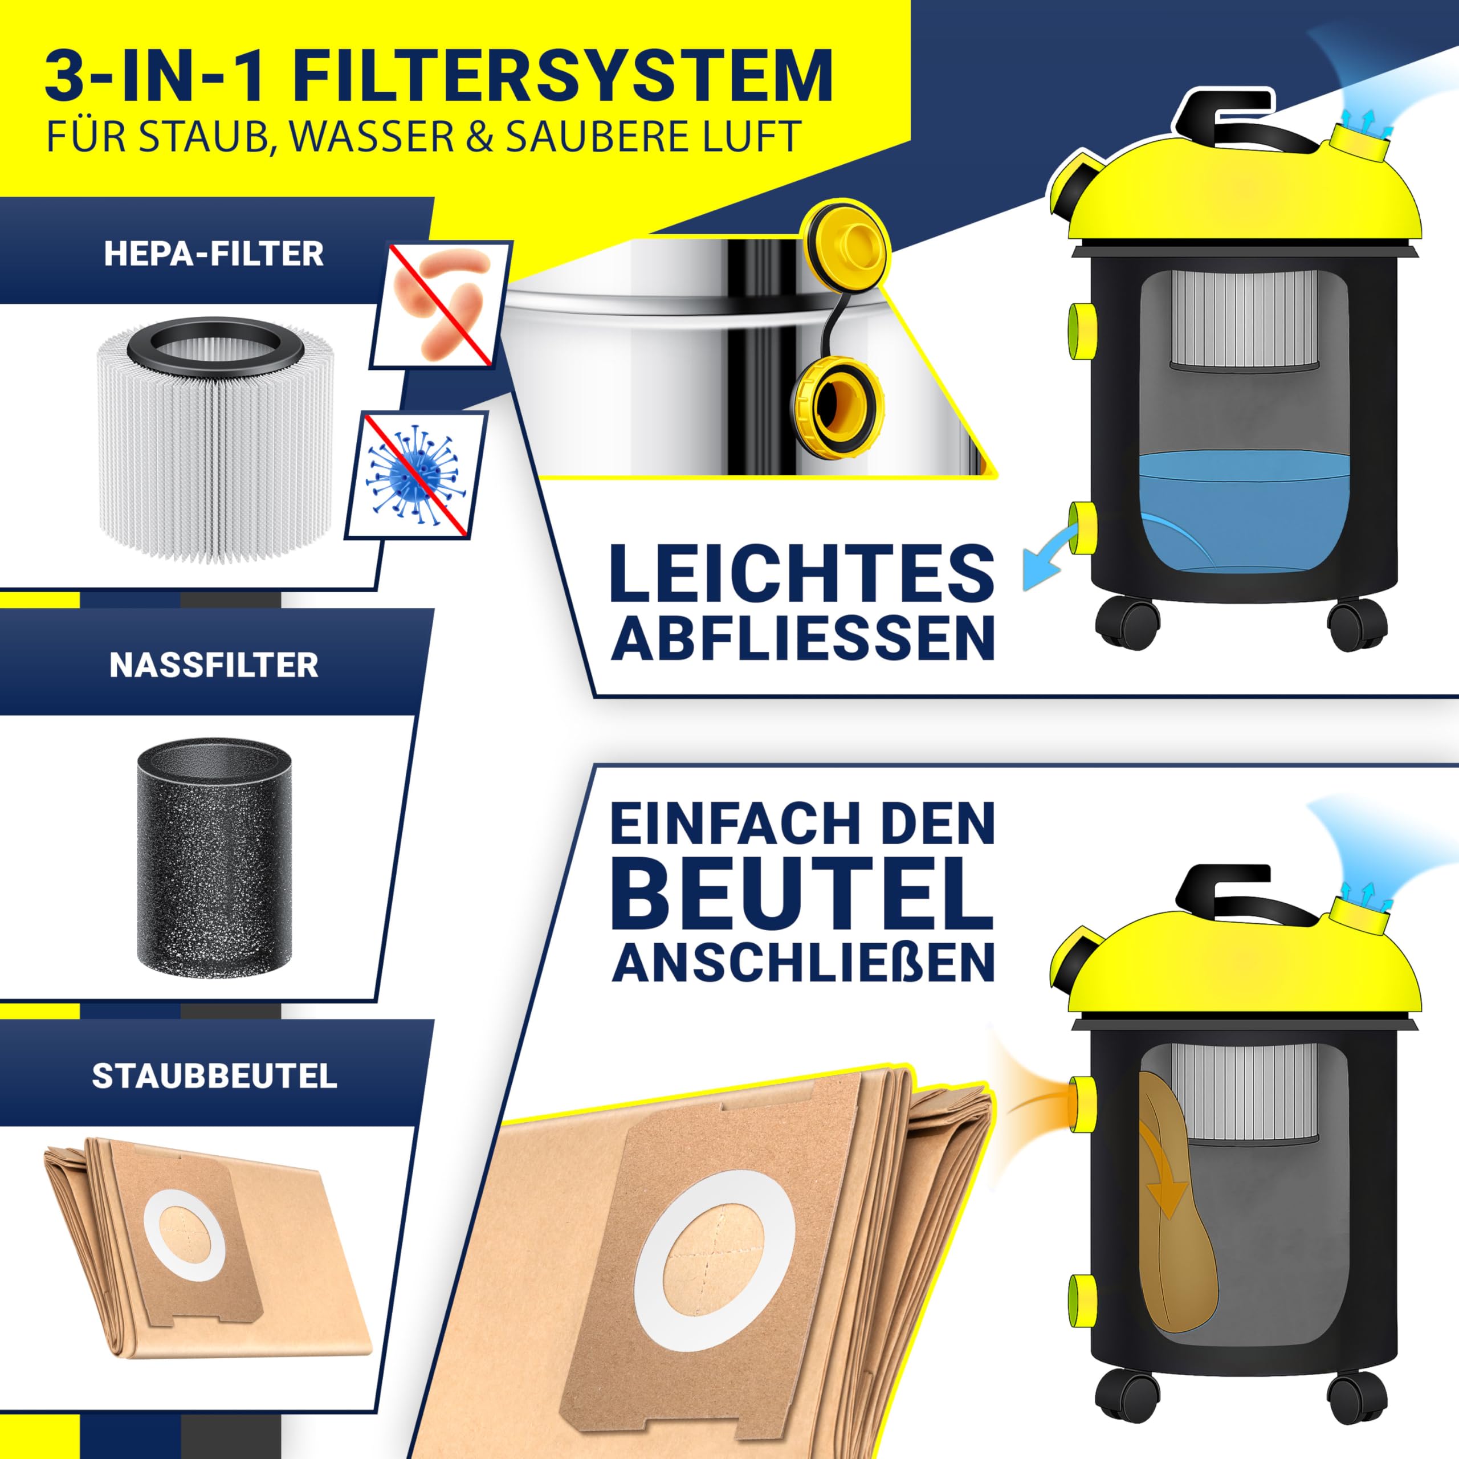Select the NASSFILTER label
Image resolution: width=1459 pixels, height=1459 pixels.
click(x=214, y=665)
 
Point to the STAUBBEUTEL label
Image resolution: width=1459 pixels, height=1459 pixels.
click(x=214, y=1076)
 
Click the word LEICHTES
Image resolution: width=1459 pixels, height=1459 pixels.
click(x=802, y=572)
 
